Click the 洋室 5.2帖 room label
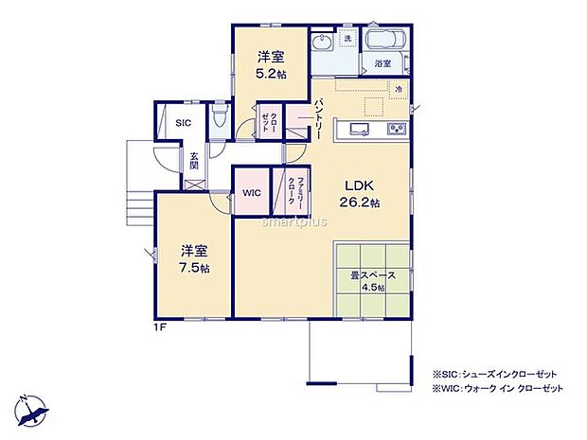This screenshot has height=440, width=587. (270, 64)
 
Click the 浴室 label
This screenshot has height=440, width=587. (382, 64)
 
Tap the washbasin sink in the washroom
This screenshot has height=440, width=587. (322, 43)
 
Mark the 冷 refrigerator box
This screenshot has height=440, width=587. (399, 89)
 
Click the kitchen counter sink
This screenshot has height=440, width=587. (361, 130)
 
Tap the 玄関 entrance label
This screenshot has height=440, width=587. (193, 160)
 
